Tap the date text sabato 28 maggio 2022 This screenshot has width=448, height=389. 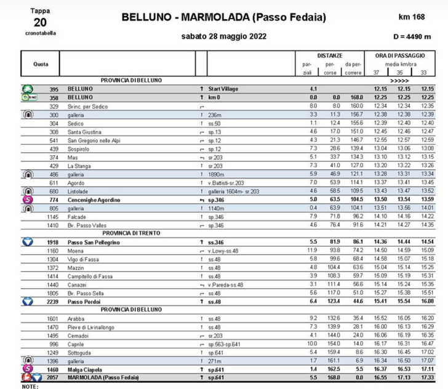(x=223, y=37)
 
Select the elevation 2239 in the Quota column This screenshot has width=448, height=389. (x=53, y=302)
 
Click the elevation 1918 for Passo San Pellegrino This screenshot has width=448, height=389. (x=53, y=243)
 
